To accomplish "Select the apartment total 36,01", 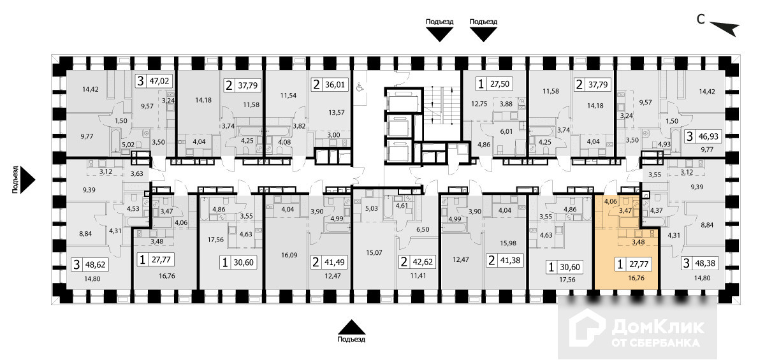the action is pyautogui.click(x=335, y=83).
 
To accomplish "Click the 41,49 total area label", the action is pyautogui.click(x=335, y=261).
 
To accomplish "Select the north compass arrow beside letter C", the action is pyautogui.click(x=725, y=27).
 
